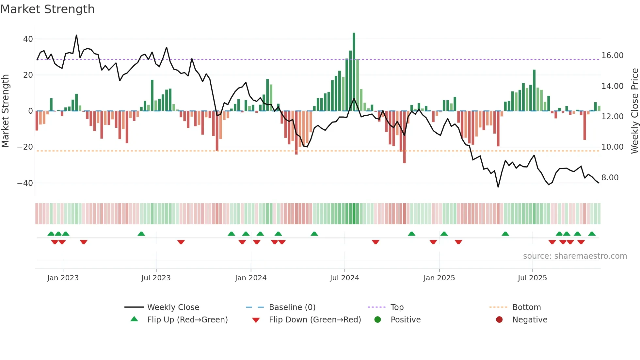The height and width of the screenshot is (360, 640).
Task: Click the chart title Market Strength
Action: coord(47,9)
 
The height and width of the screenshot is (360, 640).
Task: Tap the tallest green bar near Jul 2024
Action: coord(354,72)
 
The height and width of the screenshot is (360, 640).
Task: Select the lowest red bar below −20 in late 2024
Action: coord(405,137)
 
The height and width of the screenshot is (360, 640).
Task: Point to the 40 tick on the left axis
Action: coord(28,39)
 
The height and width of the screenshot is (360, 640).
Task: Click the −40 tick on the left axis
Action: coord(25,183)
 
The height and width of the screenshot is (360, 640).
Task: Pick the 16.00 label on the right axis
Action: coord(612,56)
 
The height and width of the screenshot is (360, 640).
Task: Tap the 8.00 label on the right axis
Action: coord(610,178)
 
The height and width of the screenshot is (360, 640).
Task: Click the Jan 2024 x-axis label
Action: coord(251,278)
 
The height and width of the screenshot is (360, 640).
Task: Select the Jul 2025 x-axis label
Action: coord(532,278)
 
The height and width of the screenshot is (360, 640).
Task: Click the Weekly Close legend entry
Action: coord(173,307)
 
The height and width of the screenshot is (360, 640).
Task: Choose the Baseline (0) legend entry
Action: coord(292,307)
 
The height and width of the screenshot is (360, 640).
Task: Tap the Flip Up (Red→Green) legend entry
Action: coord(187,320)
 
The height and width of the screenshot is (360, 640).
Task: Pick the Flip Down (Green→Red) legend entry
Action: coord(315,320)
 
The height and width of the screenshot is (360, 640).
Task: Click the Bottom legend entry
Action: coord(526,307)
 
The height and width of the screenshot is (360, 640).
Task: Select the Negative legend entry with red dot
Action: coord(529,320)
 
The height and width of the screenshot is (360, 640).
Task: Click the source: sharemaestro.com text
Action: coord(575,256)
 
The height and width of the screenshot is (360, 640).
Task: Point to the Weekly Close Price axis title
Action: coord(634,111)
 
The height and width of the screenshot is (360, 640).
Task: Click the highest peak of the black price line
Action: coord(76,35)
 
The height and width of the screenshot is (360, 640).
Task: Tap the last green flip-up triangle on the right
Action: coord(592,234)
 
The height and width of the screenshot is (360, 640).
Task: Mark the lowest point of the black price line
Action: coord(498,187)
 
